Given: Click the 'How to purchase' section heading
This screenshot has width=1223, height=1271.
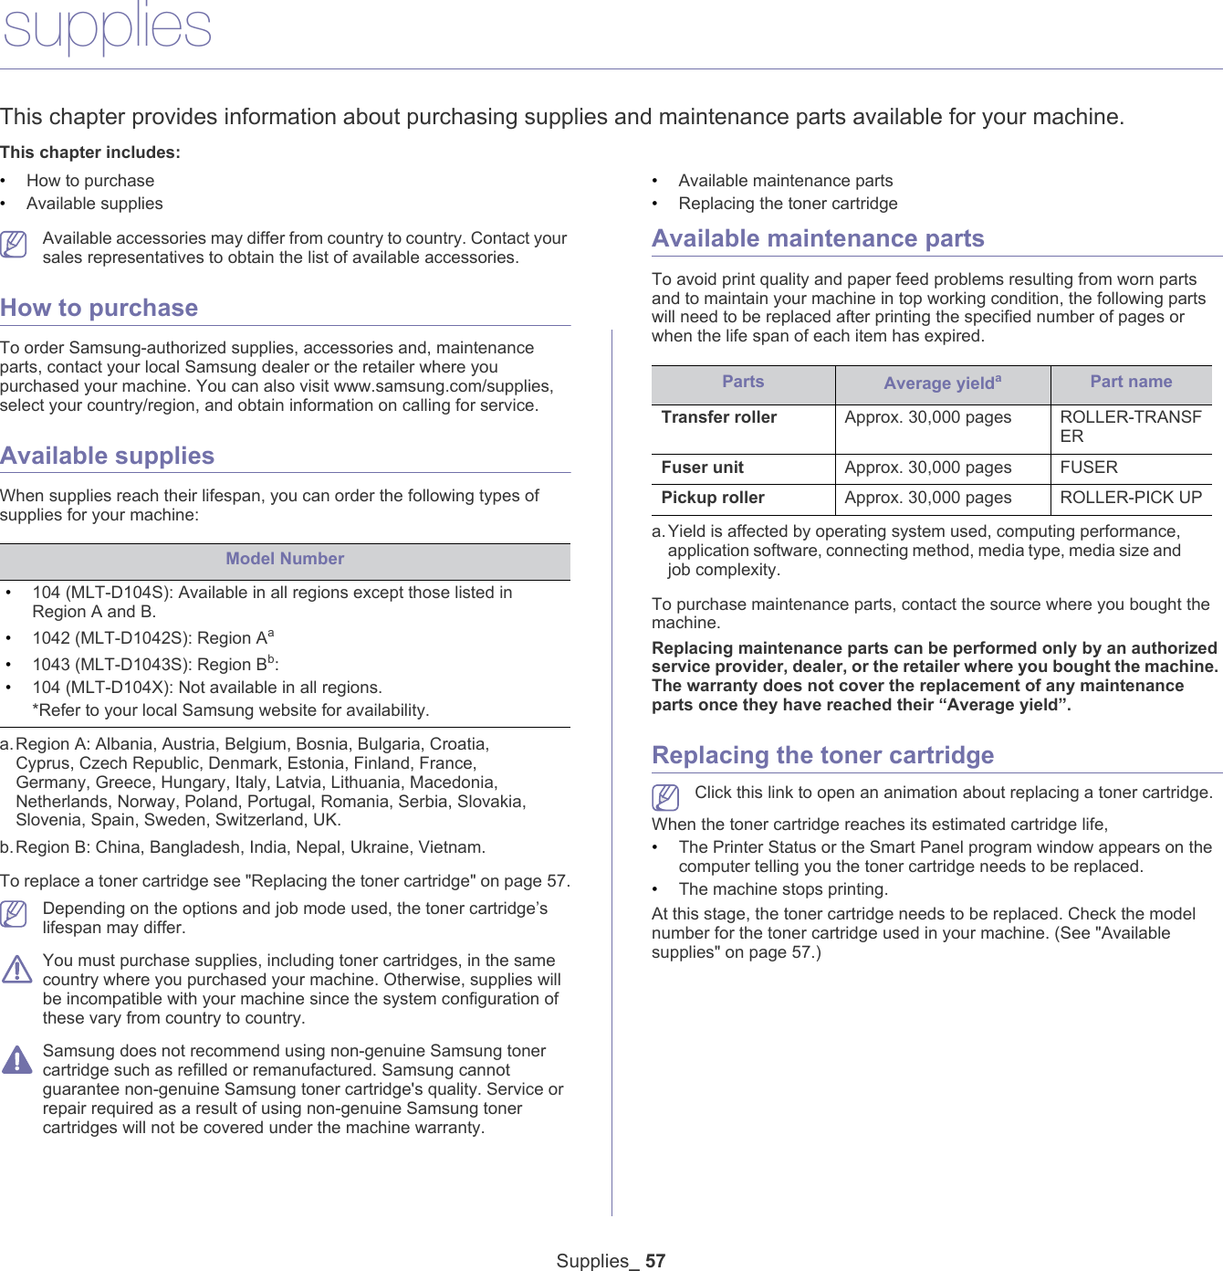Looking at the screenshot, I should [99, 308].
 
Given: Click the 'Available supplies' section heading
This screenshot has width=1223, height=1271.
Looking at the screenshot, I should [107, 456].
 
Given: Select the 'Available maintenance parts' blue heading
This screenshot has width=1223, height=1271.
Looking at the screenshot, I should [818, 238].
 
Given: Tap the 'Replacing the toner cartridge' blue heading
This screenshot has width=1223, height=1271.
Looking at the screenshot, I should [822, 755].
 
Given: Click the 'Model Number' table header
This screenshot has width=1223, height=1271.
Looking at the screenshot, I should [285, 559].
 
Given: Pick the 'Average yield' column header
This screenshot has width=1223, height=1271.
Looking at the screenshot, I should [942, 383].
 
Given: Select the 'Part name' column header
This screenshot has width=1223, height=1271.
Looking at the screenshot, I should [1131, 382].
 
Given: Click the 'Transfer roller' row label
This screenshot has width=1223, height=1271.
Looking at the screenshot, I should [719, 417].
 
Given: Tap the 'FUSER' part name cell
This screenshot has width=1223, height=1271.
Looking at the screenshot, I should [1089, 467].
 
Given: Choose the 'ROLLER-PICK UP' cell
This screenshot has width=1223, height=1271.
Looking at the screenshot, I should [1131, 498].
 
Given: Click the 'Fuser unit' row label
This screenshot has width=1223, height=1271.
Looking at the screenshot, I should [702, 467].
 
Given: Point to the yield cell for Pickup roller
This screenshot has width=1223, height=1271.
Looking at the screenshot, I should [927, 498].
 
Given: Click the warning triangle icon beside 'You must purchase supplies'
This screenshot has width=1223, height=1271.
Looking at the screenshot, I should [16, 969].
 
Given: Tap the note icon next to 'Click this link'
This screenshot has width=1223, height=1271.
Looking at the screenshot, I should [666, 797].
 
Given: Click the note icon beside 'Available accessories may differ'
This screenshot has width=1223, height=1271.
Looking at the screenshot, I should [14, 244].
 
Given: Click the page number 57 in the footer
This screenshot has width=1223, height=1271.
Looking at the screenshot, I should [655, 1261].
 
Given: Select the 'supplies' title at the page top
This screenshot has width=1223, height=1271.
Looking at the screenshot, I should [107, 27].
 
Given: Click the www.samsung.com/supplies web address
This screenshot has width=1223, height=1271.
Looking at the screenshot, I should [443, 386].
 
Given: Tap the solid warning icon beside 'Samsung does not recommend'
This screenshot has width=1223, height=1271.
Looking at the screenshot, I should [16, 1059].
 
